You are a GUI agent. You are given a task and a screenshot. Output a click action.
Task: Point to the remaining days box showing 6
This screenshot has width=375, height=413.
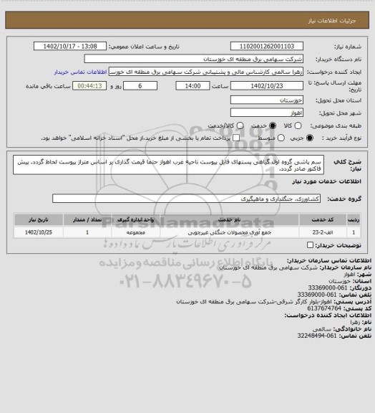[142, 86]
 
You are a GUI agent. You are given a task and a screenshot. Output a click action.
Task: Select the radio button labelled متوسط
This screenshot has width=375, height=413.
[275, 138]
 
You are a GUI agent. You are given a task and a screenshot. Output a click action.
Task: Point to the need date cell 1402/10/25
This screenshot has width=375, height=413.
[43, 232]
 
